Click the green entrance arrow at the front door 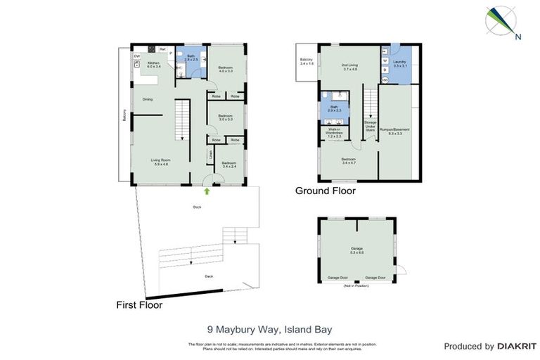(x=206, y=190)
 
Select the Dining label (x=148, y=99)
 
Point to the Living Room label (x=161, y=162)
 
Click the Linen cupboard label (x=210, y=155)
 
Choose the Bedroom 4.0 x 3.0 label (x=225, y=69)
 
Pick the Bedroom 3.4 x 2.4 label (x=229, y=166)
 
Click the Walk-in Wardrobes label (x=335, y=132)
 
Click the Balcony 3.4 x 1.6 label (x=307, y=61)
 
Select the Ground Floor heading (x=325, y=191)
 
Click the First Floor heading (x=139, y=305)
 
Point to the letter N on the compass (x=517, y=37)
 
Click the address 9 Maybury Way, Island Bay (x=269, y=328)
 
